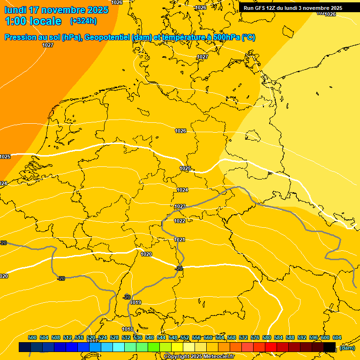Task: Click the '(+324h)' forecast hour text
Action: tap(83, 21)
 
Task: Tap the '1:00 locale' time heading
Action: tap(33, 21)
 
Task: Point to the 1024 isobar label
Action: tap(182, 190)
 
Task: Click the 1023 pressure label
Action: tap(180, 206)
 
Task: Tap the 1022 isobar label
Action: tap(180, 221)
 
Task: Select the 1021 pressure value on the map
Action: tap(180, 240)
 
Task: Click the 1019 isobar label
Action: tap(136, 302)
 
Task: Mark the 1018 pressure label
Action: tap(127, 329)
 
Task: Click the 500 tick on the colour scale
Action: tap(32, 337)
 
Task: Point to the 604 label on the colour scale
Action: tap(337, 337)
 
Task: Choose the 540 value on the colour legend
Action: tap(150, 337)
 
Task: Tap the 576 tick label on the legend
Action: tap(255, 337)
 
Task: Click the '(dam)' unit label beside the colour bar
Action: tap(347, 348)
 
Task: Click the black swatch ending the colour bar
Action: tap(330, 347)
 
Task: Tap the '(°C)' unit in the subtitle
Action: tap(248, 37)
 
